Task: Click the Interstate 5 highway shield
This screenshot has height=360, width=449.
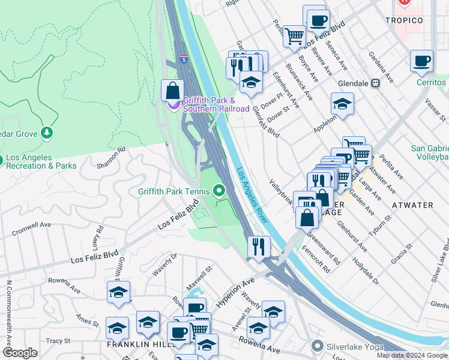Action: (x=184, y=59)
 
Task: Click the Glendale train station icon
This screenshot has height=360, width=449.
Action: (x=376, y=83)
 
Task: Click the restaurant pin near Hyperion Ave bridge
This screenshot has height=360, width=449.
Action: (x=259, y=247)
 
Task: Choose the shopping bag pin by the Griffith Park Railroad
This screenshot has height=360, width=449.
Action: (x=172, y=91)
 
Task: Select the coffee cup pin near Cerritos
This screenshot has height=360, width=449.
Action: (x=422, y=61)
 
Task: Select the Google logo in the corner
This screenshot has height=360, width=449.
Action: (x=20, y=352)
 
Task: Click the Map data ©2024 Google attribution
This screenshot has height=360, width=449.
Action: (x=412, y=355)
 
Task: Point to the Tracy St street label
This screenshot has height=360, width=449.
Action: (x=58, y=341)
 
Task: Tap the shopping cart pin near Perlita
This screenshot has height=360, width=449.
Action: (x=294, y=36)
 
